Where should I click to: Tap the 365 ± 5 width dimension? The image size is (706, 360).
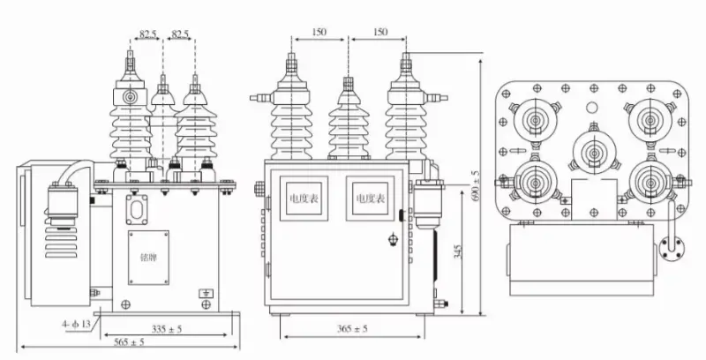coord(352,328)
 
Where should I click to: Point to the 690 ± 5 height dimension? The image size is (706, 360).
coord(477,186)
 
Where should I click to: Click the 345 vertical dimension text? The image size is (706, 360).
coord(457,251)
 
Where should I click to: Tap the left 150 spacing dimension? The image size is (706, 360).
coord(319,31)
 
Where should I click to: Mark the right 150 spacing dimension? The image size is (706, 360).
coord(379,31)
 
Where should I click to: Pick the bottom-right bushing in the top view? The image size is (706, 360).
coord(648,181)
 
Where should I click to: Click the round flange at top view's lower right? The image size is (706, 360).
coord(665,249)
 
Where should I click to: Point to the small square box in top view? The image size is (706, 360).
coord(590,197)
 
